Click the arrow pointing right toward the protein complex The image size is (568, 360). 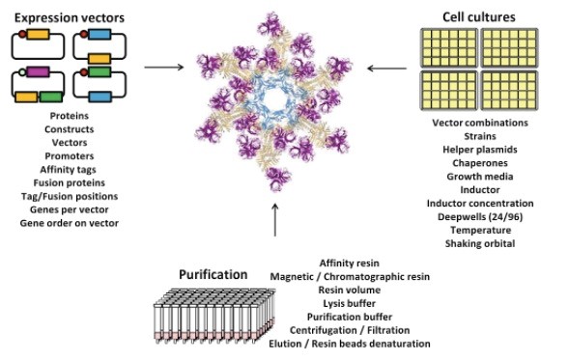point(162,68)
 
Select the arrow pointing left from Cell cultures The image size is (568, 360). point(384,68)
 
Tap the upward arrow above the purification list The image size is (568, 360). point(276,223)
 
